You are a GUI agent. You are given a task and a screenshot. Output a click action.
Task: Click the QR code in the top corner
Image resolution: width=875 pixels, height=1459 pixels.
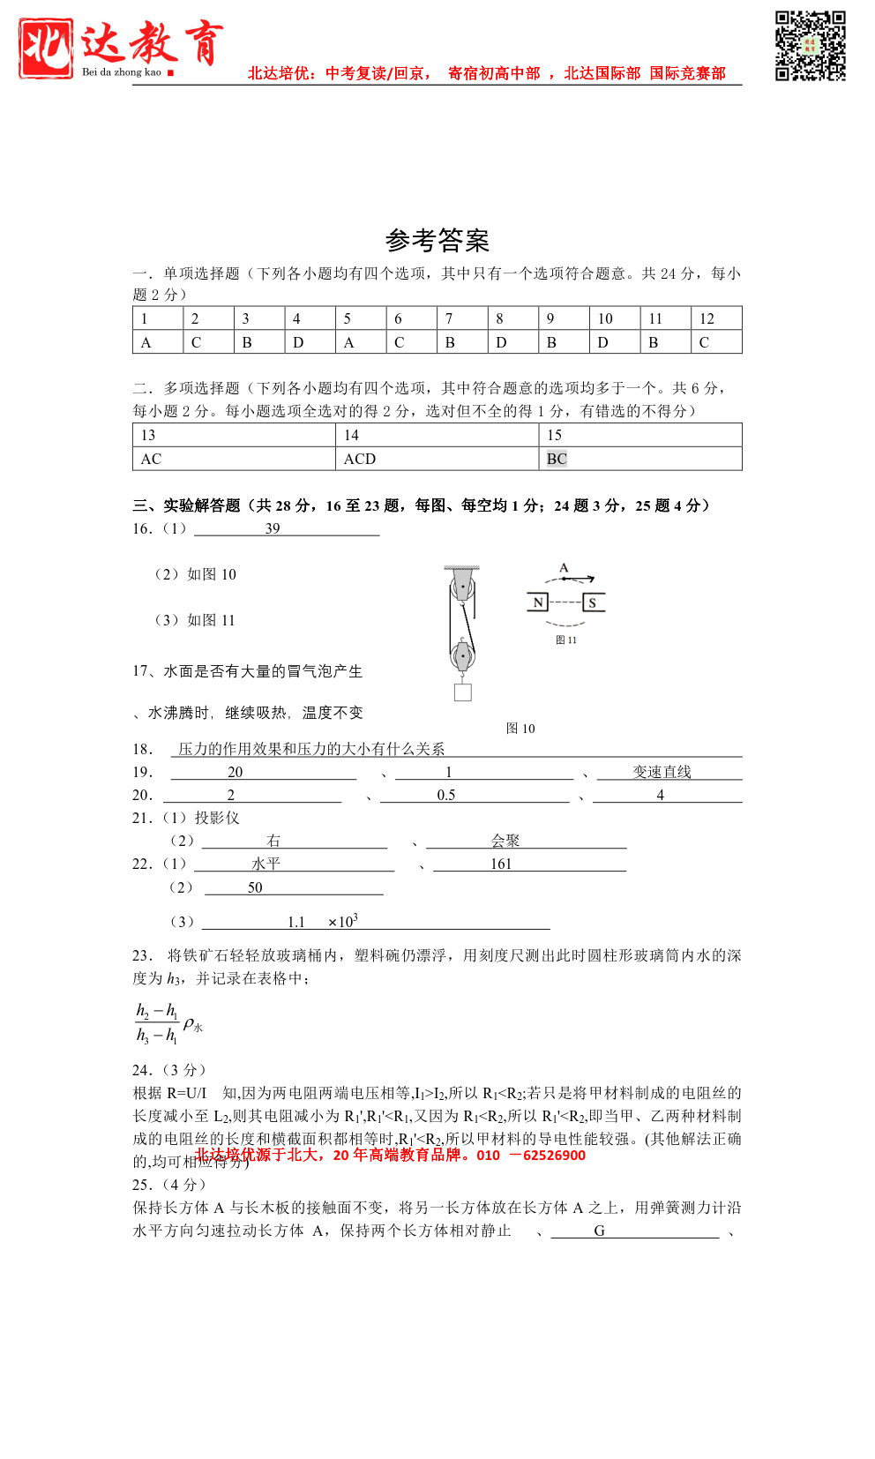pyautogui.click(x=810, y=46)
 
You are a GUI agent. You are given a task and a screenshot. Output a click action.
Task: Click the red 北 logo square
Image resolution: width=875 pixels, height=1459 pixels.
pyautogui.click(x=46, y=49)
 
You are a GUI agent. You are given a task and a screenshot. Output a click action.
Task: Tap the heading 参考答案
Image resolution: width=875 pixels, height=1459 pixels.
pyautogui.click(x=437, y=240)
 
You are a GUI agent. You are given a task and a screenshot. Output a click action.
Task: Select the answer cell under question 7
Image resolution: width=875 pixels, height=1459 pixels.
pyautogui.click(x=461, y=342)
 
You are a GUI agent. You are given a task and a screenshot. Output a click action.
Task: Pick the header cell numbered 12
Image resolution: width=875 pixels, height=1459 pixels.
pyautogui.click(x=715, y=318)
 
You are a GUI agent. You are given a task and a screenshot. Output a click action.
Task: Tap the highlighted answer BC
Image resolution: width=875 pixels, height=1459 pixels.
pyautogui.click(x=557, y=459)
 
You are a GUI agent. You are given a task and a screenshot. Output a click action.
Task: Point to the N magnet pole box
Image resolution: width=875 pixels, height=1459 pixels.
pyautogui.click(x=538, y=602)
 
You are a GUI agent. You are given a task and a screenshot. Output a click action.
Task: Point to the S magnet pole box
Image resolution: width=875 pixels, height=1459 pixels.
pyautogui.click(x=593, y=602)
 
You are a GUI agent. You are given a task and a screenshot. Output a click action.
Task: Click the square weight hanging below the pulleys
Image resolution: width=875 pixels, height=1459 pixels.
pyautogui.click(x=463, y=692)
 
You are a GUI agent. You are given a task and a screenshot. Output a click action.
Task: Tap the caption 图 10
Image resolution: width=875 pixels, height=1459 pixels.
pyautogui.click(x=520, y=729)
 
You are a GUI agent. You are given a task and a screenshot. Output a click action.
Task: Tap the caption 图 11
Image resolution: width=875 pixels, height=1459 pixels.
pyautogui.click(x=566, y=640)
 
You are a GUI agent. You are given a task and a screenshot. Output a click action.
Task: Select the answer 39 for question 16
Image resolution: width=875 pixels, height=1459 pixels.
pyautogui.click(x=273, y=528)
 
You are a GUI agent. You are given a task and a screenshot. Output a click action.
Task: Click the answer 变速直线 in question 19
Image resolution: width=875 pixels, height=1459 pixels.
pyautogui.click(x=662, y=772)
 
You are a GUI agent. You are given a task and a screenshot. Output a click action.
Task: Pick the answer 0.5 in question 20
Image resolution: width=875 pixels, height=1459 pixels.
pyautogui.click(x=446, y=795)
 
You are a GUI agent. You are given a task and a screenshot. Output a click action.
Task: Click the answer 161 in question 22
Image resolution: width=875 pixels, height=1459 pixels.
pyautogui.click(x=501, y=864)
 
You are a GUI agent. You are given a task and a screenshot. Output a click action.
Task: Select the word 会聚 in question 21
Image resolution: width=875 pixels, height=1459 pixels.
pyautogui.click(x=505, y=841)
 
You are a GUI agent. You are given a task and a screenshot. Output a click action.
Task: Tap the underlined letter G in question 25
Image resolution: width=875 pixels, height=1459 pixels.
pyautogui.click(x=599, y=1231)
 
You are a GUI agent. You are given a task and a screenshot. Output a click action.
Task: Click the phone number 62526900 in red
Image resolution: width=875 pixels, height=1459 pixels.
pyautogui.click(x=554, y=1156)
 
